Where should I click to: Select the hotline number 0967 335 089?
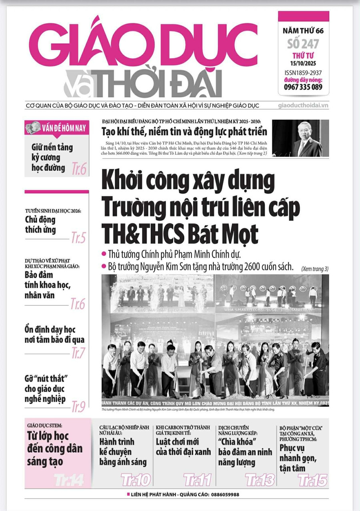pyautogui.click(x=303, y=87)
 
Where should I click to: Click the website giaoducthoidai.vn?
pyautogui.click(x=303, y=105)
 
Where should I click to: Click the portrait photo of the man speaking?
pyautogui.click(x=300, y=138)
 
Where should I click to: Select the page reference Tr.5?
pyautogui.click(x=78, y=238)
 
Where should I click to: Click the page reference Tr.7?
pyautogui.click(x=78, y=353)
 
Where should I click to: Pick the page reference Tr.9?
pyautogui.click(x=78, y=407)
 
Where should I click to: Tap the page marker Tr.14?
pyautogui.click(x=69, y=479)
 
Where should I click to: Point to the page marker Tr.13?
pyautogui.click(x=260, y=479)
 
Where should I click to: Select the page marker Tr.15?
pyautogui.click(x=312, y=479)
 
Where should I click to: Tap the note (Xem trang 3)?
pyautogui.click(x=315, y=269)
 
